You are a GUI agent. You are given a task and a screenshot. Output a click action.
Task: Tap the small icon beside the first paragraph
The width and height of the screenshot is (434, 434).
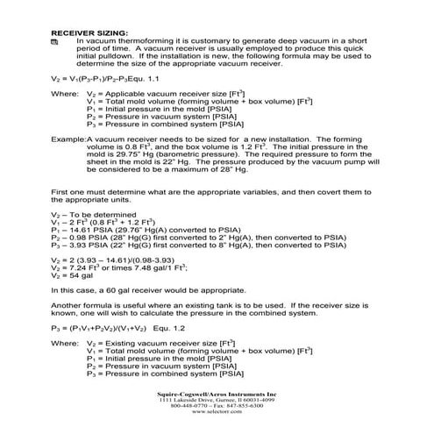tap(54, 41)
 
